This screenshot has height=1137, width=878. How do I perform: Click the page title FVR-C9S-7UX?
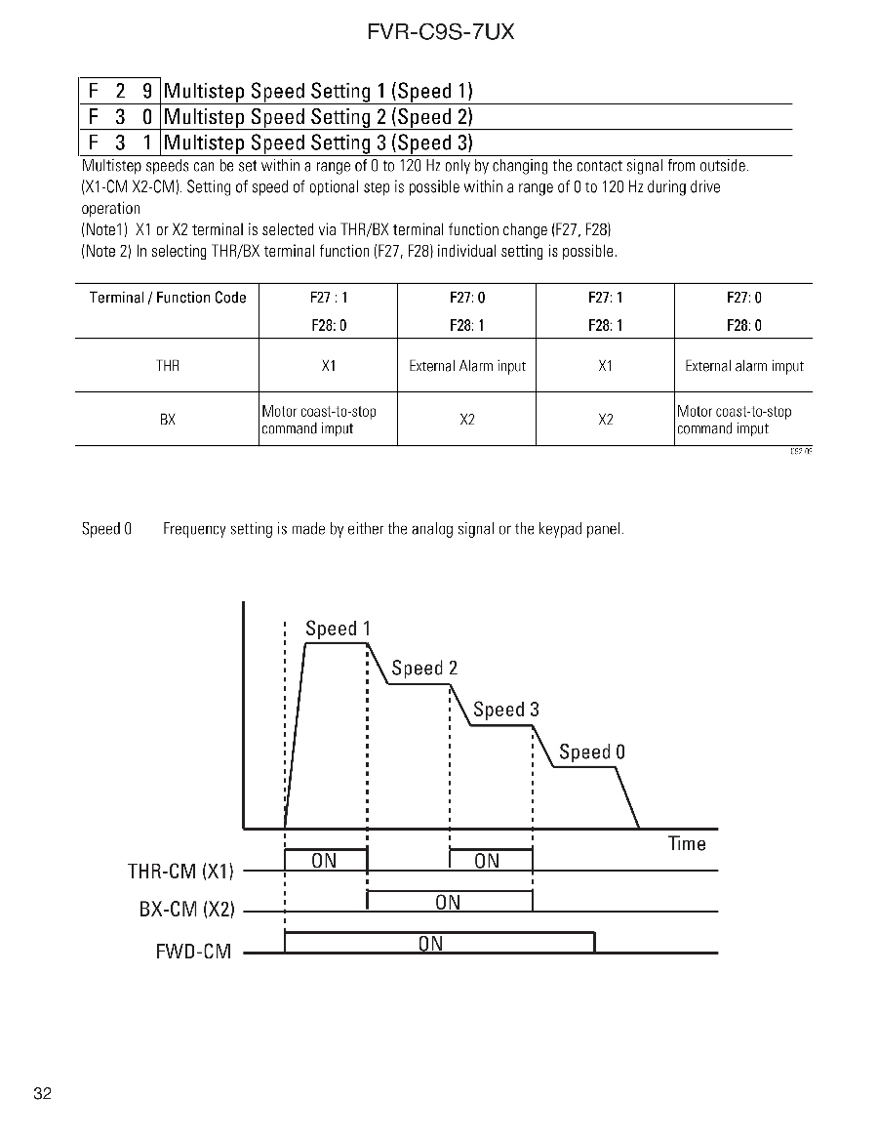440,32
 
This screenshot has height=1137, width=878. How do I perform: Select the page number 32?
42,1092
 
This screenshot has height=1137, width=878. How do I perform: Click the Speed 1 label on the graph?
338,629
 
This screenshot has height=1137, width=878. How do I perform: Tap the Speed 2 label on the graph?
424,669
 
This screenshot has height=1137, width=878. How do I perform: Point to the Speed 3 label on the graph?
505,710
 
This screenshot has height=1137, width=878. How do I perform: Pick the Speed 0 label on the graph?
591,751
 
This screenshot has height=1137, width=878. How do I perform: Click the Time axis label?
687,843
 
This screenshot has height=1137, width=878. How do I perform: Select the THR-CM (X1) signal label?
180,871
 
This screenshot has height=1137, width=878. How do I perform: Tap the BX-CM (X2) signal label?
186,910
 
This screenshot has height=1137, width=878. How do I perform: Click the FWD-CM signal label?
193,951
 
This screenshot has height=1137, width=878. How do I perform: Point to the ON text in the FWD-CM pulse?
430,943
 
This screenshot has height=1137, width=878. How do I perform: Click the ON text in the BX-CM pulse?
448,902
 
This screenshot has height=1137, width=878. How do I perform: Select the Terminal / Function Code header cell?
168,298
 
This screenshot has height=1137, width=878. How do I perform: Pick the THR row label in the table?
168,366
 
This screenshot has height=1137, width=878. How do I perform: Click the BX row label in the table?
168,420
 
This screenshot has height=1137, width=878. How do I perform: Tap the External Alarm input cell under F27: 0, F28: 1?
466,366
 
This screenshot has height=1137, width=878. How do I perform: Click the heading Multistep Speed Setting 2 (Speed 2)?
318,117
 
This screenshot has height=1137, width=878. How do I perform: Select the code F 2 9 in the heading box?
120,92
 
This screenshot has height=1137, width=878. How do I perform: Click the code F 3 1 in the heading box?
120,142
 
